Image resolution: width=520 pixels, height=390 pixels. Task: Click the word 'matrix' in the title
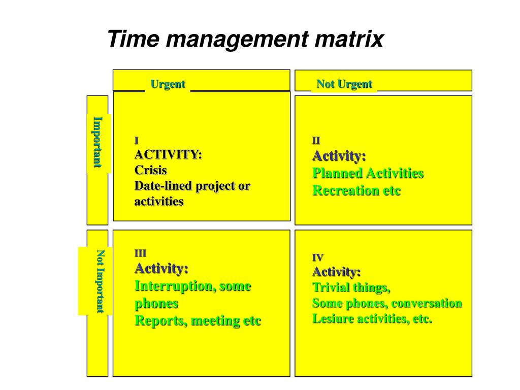pos(349,39)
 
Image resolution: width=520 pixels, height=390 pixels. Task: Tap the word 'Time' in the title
pos(134,39)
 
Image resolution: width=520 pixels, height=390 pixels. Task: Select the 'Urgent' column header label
pos(168,84)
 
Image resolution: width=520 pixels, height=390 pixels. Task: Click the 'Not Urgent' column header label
pos(344,84)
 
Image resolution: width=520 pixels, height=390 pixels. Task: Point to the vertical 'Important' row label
pos(97,142)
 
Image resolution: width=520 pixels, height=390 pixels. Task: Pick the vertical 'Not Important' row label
pos(100,281)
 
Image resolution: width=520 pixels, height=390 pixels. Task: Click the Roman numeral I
pos(136,141)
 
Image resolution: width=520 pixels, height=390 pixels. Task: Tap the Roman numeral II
pos(316,141)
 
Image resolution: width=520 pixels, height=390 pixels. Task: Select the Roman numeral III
pos(140,253)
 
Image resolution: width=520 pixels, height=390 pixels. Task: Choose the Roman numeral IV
pos(318,258)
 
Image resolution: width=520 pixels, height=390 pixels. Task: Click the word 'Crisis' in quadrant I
pos(150,170)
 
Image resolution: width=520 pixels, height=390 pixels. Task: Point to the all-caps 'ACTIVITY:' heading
pos(168,154)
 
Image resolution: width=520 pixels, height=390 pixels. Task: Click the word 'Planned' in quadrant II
pos(338,174)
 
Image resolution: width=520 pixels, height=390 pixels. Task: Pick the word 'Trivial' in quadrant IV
pos(332,287)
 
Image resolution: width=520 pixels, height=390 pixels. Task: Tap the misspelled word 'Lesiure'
pos(333,319)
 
